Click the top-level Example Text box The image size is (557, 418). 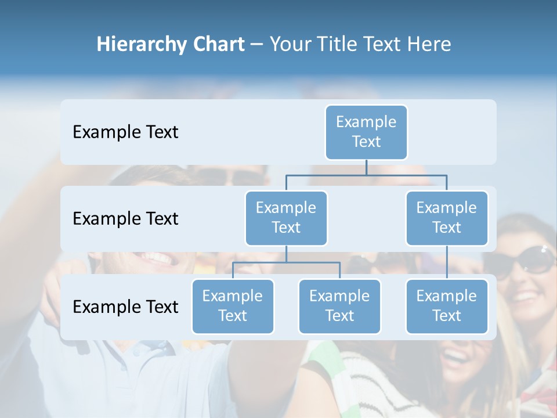click(x=366, y=132)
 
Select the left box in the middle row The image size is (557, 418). click(x=286, y=218)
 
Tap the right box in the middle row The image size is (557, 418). click(x=446, y=218)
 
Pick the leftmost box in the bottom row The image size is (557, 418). click(x=233, y=306)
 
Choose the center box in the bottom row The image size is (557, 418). click(x=339, y=306)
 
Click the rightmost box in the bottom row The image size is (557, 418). click(x=446, y=306)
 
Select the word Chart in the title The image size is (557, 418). click(x=216, y=45)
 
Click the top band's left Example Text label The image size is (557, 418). click(x=125, y=132)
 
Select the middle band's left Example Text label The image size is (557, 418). click(x=125, y=219)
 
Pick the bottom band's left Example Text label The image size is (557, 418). click(x=125, y=307)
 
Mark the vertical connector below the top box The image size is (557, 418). click(x=366, y=167)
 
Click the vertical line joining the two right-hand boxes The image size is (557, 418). click(x=447, y=262)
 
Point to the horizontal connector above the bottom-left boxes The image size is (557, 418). click(x=286, y=262)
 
